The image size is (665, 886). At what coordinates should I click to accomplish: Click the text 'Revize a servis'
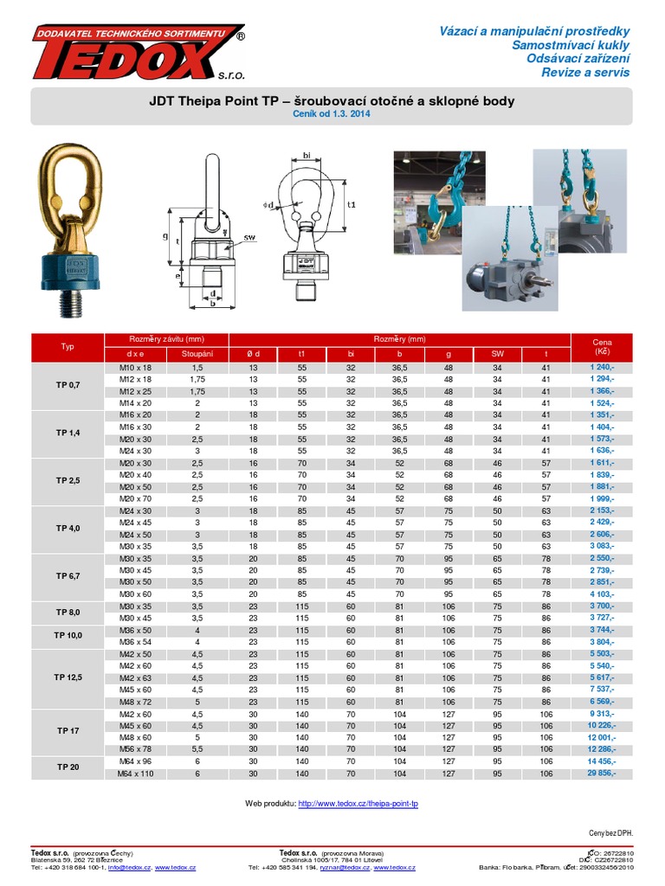585,72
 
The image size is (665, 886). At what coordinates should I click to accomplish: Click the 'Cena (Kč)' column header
603,347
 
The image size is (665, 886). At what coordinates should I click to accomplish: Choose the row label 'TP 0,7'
68,385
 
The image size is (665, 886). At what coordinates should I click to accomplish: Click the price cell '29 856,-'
602,773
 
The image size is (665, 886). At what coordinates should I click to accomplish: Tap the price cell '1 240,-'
602,368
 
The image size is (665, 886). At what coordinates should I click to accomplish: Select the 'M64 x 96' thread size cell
135,761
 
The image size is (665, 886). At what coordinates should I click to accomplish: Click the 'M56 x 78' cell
135,748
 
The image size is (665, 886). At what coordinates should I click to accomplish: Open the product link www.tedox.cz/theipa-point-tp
358,804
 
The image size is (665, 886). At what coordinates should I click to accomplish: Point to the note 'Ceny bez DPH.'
611,833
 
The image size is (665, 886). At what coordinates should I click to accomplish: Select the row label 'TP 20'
68,767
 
